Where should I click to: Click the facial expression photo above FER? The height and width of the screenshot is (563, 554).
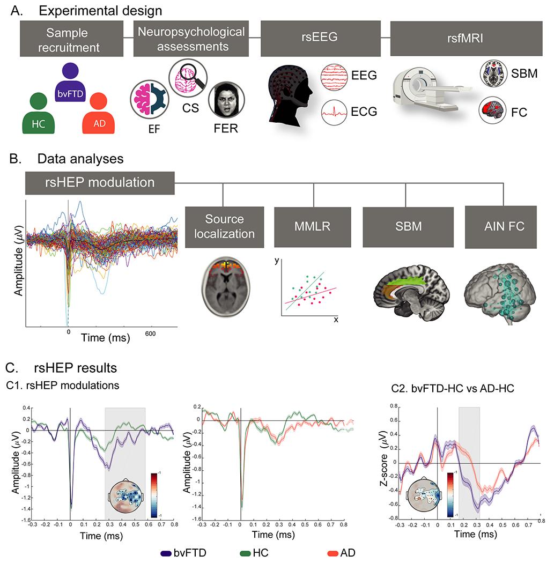click(225, 100)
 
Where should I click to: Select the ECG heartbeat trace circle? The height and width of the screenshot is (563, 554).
click(336, 111)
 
